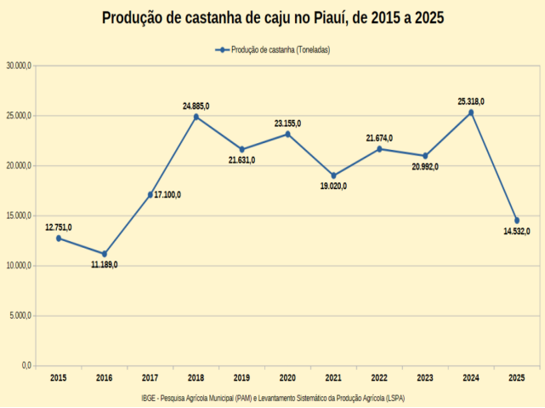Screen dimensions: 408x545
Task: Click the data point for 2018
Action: [x=196, y=117]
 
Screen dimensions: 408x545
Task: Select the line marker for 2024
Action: [x=471, y=112]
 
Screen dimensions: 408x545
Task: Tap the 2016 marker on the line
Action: [x=105, y=254]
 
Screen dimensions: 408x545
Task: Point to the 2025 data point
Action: [x=517, y=221]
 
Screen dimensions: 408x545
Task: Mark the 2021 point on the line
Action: [x=333, y=175]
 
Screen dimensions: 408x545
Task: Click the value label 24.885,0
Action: [x=196, y=106]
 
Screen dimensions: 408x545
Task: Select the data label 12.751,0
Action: [x=59, y=227]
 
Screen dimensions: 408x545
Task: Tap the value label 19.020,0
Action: [x=333, y=186]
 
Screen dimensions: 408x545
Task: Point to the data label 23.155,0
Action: [x=287, y=124]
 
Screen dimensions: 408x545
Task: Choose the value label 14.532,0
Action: [x=517, y=231]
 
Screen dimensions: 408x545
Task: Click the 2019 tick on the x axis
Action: [x=241, y=377]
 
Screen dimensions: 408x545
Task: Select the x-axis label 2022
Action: [x=379, y=377]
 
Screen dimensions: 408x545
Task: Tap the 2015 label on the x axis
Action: [x=59, y=377]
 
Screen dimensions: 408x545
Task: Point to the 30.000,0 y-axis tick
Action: [x=18, y=66]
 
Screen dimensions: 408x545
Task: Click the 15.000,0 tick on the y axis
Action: [x=18, y=215]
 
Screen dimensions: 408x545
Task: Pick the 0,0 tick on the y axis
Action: [x=26, y=365]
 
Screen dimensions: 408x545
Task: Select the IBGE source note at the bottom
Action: [x=273, y=398]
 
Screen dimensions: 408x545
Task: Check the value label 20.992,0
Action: [x=425, y=166]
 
